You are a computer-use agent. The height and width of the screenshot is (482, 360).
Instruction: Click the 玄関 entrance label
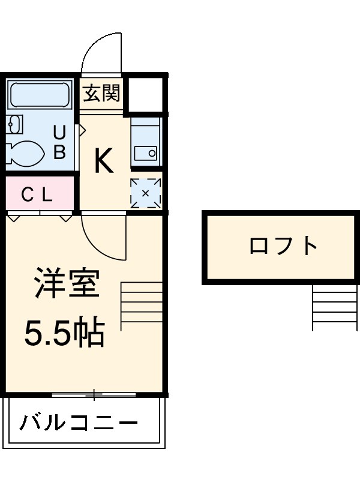(102, 93)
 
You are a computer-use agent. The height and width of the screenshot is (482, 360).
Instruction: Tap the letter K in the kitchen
(104, 160)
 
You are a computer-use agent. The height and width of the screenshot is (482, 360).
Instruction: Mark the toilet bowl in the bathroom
(25, 151)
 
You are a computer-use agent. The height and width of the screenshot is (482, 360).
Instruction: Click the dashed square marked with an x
(146, 193)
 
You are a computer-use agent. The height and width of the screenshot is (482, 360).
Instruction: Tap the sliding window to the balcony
(94, 394)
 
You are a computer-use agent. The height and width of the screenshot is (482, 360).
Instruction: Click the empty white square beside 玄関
(145, 94)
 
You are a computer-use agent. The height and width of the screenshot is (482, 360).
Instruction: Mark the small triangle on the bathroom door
(82, 129)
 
